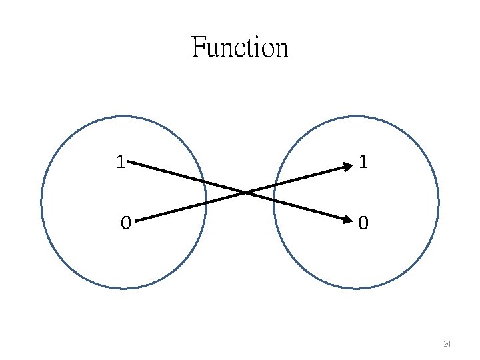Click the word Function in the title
[240, 48]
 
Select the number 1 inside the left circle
[120, 162]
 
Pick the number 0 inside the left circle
[125, 223]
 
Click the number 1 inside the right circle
[362, 162]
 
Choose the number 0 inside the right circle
[362, 223]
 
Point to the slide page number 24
[447, 344]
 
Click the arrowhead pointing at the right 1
[347, 167]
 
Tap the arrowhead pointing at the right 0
[347, 219]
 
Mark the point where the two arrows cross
[245, 193]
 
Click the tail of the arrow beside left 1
[129, 161]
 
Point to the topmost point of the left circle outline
[124, 117]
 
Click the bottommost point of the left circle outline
[124, 288]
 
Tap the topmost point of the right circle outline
[356, 117]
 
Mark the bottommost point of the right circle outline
[356, 288]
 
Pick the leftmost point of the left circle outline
[41, 203]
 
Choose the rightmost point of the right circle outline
[439, 203]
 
